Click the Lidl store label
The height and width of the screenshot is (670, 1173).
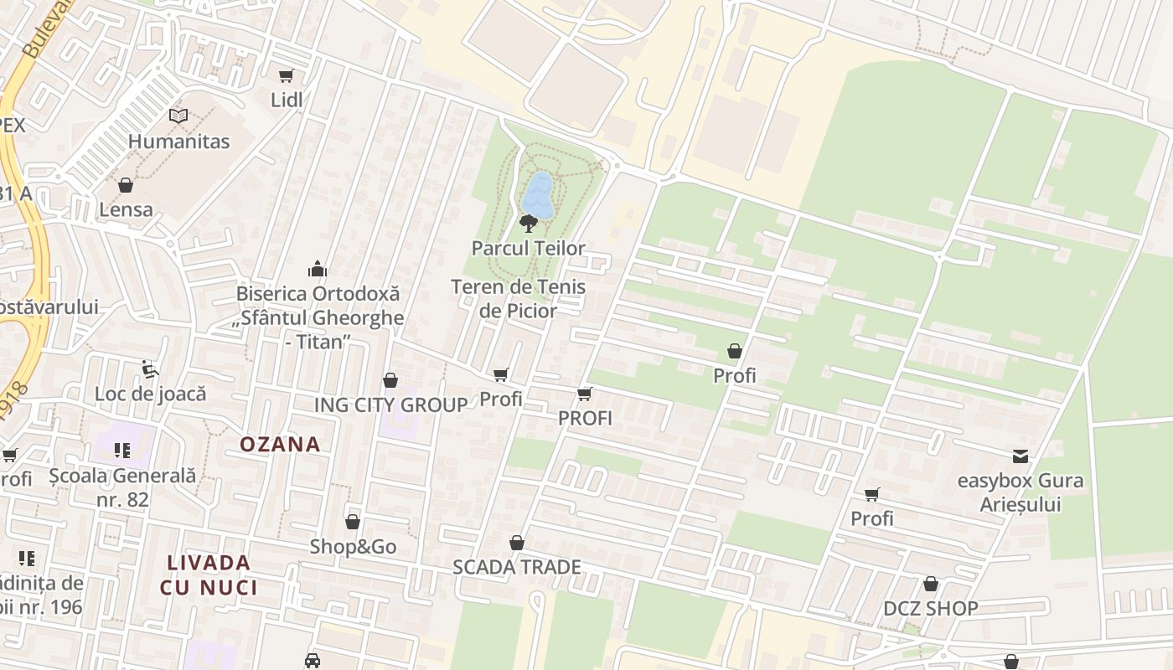point(287,100)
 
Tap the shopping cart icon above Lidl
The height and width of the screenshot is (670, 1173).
point(287,76)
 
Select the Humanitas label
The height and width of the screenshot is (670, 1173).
point(178,142)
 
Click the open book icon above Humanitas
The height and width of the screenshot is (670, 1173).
point(178,116)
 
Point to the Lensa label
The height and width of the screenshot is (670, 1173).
point(126,209)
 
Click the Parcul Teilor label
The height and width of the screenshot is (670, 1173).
point(528,249)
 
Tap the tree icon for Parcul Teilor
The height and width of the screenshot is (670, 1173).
point(528,224)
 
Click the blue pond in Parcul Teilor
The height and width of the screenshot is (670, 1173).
point(538,194)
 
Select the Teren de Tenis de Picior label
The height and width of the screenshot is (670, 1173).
point(518,299)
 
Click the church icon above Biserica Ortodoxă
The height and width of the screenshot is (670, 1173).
point(318,269)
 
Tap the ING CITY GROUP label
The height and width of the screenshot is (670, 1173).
point(390,405)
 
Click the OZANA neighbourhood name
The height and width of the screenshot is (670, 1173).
point(281,445)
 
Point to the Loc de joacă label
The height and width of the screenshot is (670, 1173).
point(150,394)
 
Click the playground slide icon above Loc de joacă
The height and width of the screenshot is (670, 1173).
point(150,368)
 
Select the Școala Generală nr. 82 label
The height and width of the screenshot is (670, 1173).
point(122,487)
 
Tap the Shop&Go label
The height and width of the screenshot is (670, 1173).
point(353,547)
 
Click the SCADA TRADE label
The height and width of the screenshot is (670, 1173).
point(517,567)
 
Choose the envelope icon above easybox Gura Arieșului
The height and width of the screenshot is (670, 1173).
point(1021,456)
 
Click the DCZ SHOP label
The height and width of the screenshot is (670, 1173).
point(930,609)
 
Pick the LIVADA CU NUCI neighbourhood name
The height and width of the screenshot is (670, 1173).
point(209,575)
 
